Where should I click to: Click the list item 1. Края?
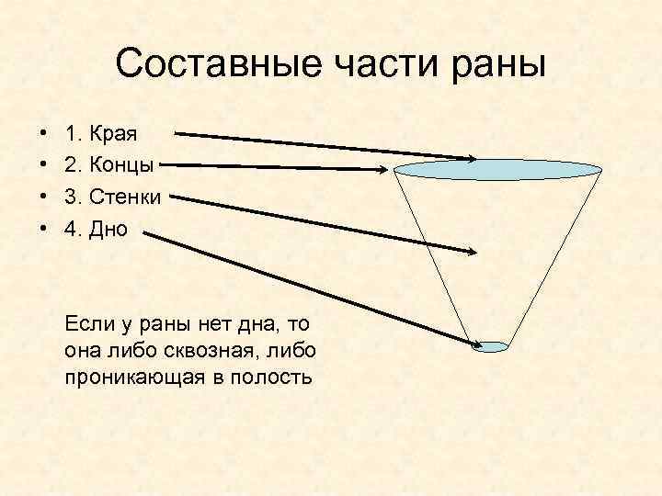[x=100, y=134]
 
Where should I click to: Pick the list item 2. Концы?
[x=108, y=165]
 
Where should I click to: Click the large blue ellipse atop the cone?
[x=498, y=169]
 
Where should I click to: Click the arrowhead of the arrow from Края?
[x=470, y=158]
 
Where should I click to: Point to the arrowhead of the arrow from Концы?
[x=383, y=168]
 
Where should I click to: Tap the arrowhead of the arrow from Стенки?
[x=471, y=251]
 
